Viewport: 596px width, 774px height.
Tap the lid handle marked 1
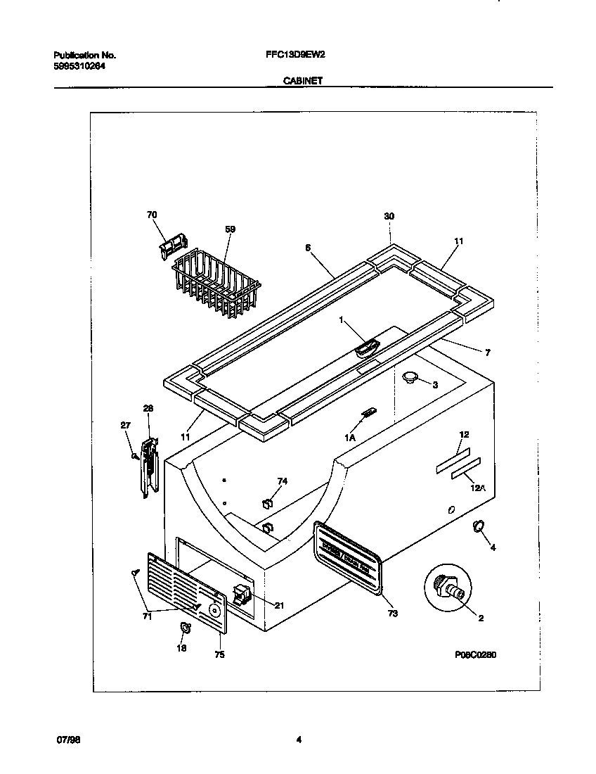[x=367, y=347]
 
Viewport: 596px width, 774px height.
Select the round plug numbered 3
[x=410, y=379]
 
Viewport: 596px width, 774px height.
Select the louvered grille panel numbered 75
[x=188, y=592]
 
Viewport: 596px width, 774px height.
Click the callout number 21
[x=279, y=605]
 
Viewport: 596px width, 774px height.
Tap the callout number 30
[x=389, y=217]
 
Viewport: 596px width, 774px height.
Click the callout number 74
[x=282, y=481]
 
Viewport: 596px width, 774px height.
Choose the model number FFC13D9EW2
[x=296, y=54]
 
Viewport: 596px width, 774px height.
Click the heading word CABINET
[x=303, y=81]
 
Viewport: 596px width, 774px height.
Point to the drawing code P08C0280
[x=475, y=654]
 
